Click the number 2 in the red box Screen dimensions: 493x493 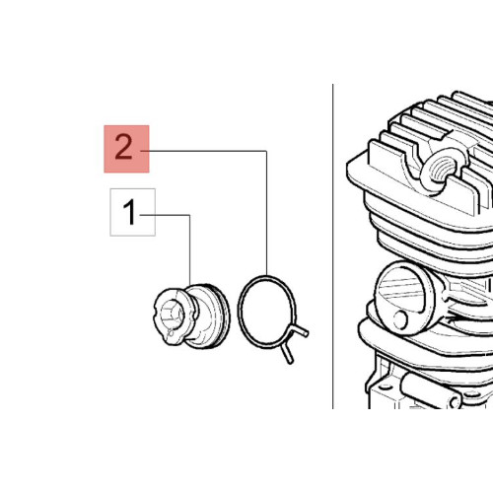point(123,147)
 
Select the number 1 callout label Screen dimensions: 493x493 point(132,212)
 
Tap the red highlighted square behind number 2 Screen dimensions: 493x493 point(126,149)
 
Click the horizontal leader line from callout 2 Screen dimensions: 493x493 point(203,151)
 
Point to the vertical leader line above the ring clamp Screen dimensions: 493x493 point(266,213)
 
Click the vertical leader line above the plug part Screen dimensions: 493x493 point(189,249)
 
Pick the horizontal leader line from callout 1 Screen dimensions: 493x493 point(165,215)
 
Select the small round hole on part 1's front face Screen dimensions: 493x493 point(171,333)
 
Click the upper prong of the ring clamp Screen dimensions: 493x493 point(300,330)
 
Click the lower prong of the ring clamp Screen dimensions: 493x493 point(287,354)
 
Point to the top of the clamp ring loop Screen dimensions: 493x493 point(266,277)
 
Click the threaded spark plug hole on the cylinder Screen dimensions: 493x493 point(443,168)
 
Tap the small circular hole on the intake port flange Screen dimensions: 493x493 point(400,319)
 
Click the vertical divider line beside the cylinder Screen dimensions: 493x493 point(333,246)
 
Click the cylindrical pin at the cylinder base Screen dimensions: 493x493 point(431,390)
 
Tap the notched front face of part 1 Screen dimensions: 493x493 point(174,317)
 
